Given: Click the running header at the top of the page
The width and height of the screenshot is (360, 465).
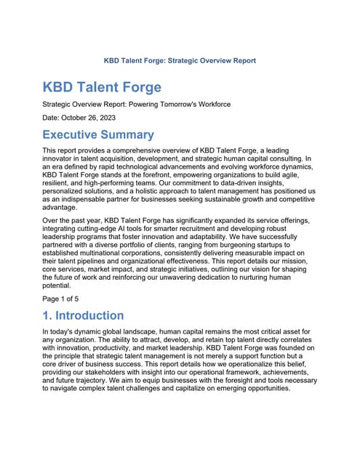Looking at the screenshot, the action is point(180,60).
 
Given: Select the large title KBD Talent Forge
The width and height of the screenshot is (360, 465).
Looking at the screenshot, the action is point(102,87).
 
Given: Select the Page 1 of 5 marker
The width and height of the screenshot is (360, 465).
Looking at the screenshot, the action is point(64,298).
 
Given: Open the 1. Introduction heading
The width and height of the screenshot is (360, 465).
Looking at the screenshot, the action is point(83,315).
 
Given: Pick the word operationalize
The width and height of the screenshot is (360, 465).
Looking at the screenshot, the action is point(235,369).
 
